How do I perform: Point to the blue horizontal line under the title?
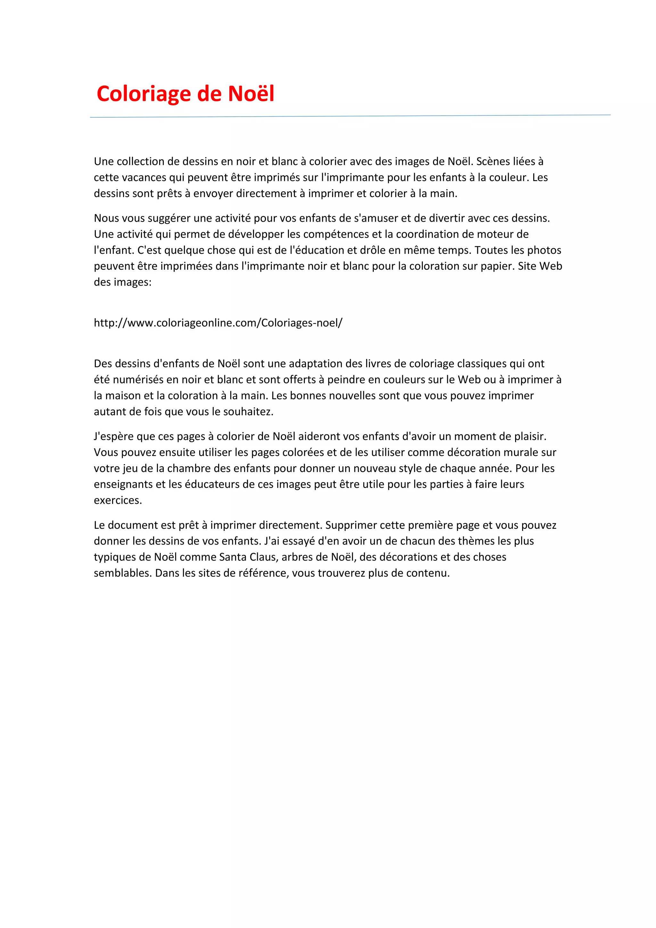350,116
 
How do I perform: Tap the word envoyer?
213,194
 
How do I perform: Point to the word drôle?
370,250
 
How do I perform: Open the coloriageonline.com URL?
218,323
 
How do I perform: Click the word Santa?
233,557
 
